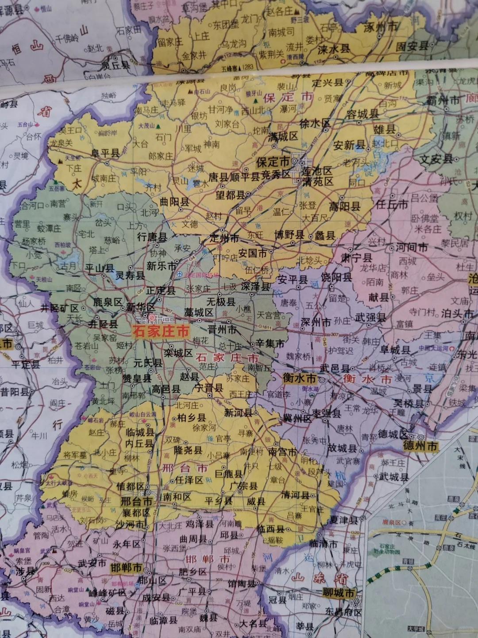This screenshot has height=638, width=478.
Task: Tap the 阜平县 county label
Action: (x=105, y=153)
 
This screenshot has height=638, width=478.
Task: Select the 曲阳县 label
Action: (x=174, y=202)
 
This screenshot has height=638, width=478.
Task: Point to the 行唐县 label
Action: (x=152, y=237)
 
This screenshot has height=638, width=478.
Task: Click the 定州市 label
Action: (x=224, y=238)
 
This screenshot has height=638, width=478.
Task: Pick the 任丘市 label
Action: (x=392, y=204)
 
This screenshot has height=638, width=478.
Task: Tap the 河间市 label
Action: (x=412, y=247)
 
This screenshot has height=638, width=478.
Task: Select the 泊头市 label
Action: (x=457, y=313)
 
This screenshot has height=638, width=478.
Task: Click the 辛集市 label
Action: (x=270, y=343)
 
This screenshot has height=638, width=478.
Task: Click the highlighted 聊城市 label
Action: (x=339, y=593)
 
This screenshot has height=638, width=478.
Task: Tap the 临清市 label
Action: (x=323, y=544)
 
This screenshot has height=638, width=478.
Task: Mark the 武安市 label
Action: (x=92, y=563)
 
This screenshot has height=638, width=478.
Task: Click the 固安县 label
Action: (x=412, y=45)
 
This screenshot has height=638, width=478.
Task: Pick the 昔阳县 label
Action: (x=15, y=392)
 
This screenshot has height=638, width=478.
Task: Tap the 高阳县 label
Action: (x=345, y=206)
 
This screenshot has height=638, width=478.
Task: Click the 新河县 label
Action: (x=238, y=412)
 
